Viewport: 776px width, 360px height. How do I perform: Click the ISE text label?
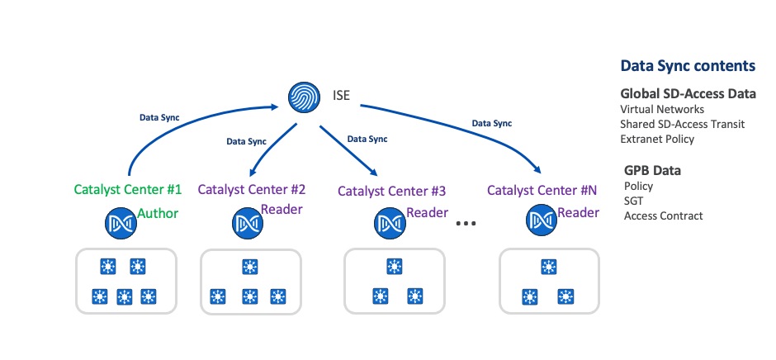coord(340,97)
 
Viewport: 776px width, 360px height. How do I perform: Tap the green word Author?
coord(158,214)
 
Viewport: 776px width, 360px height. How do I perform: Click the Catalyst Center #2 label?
coord(252,189)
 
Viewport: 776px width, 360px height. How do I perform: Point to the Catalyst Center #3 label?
coord(392,191)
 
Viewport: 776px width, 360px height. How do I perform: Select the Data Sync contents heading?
coord(687,66)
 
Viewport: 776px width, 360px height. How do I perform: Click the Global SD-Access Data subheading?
coord(688,94)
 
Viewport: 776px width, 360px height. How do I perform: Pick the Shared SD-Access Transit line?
coord(682,124)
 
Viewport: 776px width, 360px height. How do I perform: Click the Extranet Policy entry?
coord(657,139)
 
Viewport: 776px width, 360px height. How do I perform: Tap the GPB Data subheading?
coord(657,171)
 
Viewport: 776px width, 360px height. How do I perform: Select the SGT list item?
coord(634,201)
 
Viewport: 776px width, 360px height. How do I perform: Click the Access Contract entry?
coord(663,216)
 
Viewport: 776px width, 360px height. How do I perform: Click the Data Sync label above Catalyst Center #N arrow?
coord(491,123)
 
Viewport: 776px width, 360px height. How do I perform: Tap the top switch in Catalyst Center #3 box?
coord(393,268)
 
